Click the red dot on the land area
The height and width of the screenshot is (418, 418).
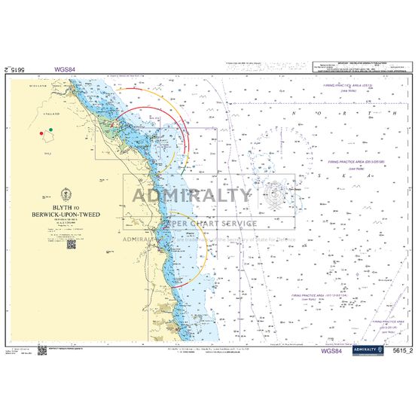[42, 133]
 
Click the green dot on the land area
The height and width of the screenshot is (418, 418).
[50, 130]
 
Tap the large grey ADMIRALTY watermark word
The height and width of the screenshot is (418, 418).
[192, 195]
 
